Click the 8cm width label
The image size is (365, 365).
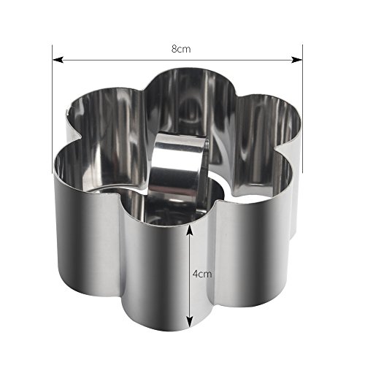(x=181, y=49)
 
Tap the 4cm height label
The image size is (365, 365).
(x=202, y=274)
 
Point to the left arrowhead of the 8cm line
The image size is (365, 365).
(x=58, y=60)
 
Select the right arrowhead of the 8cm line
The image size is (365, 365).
(x=297, y=60)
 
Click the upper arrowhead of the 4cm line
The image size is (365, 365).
(x=189, y=231)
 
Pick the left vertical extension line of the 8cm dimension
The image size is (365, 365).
(x=53, y=109)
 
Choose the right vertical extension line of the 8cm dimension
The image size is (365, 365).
(x=302, y=109)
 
